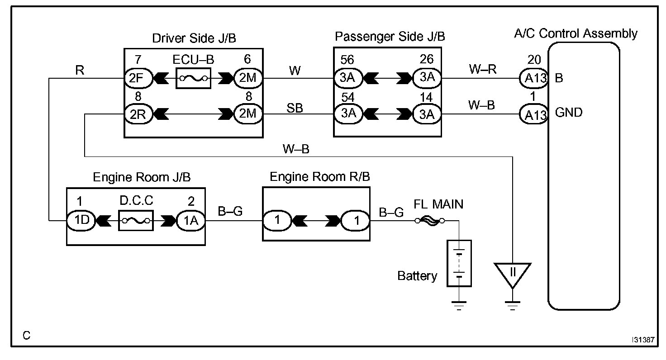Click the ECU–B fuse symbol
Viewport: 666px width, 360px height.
(194, 78)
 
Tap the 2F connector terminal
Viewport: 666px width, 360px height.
(134, 78)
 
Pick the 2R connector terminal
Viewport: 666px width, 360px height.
(134, 114)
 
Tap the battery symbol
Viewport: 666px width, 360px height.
(459, 263)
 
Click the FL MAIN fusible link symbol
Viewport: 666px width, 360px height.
(429, 221)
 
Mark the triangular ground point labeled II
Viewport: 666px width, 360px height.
(512, 274)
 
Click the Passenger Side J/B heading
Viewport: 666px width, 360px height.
(390, 37)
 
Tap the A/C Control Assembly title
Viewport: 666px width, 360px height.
(576, 33)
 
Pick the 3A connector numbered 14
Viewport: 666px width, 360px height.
(426, 114)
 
